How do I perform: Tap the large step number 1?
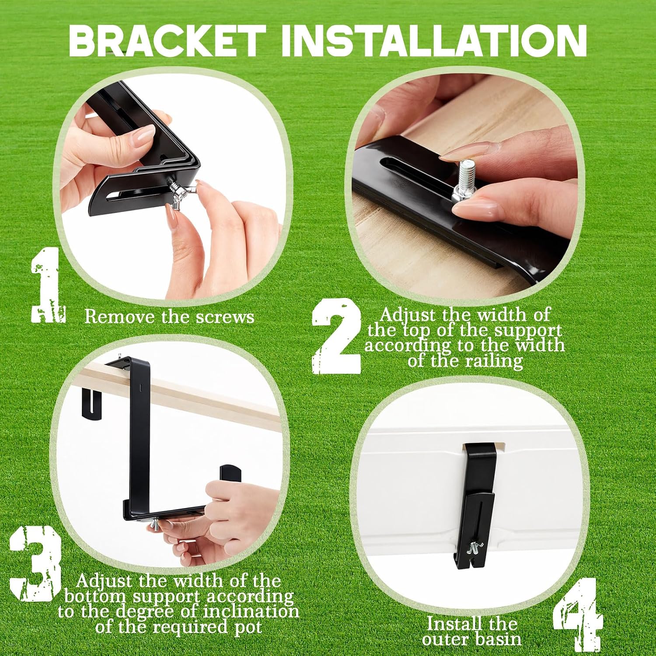(48, 285)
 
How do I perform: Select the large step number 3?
(35, 564)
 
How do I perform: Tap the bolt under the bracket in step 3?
(157, 525)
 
